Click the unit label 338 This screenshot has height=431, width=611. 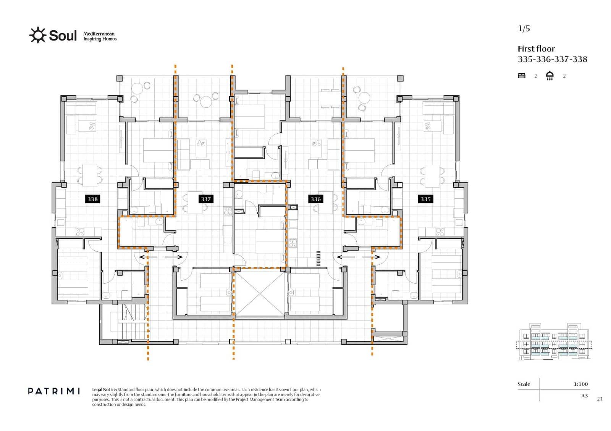pos(92,199)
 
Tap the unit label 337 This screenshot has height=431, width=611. pos(206,199)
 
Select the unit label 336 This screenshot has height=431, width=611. pos(315,199)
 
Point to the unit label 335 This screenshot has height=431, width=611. pos(425,199)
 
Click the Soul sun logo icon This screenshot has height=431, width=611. pos(38,35)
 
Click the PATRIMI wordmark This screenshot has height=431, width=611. pos(54,391)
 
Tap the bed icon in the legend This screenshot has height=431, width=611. pos(522,76)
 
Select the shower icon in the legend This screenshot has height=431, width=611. pos(550,76)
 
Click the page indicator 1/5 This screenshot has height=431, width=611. pos(524,28)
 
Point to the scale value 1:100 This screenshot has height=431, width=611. pos(581,384)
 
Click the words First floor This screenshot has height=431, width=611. pos(536,49)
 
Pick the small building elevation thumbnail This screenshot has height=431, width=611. pos(554,342)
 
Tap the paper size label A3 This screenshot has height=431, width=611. pos(584,396)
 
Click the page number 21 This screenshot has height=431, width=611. pos(600,399)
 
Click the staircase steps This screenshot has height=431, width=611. pos(133,322)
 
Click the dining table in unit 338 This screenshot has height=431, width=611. pos(90,175)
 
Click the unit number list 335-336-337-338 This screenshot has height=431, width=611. pos(553,59)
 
